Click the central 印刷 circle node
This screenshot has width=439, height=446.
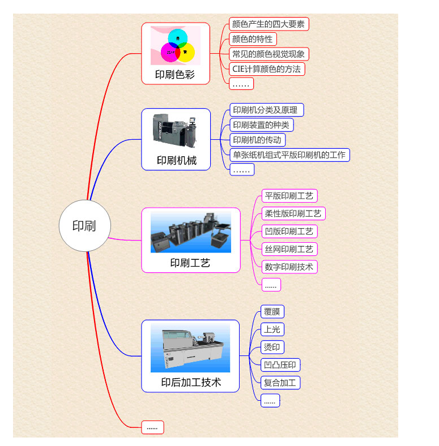(84, 225)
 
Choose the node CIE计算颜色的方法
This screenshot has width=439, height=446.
(267, 69)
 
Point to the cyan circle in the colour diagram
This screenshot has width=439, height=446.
(178, 37)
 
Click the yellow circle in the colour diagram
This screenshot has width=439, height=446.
(186, 52)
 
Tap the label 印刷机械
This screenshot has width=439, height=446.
(176, 160)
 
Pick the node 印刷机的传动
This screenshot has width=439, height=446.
(257, 140)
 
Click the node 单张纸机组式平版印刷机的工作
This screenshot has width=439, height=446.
(289, 155)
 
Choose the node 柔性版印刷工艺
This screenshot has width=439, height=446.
(293, 213)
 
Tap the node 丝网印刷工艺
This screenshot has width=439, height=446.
(289, 249)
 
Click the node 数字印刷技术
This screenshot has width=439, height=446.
(289, 267)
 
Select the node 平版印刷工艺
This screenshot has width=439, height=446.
(289, 196)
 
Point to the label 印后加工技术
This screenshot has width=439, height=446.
(191, 383)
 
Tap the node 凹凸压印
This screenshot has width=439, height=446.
(281, 364)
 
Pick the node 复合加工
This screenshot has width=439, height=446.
(280, 382)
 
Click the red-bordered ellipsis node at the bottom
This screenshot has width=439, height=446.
(152, 427)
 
